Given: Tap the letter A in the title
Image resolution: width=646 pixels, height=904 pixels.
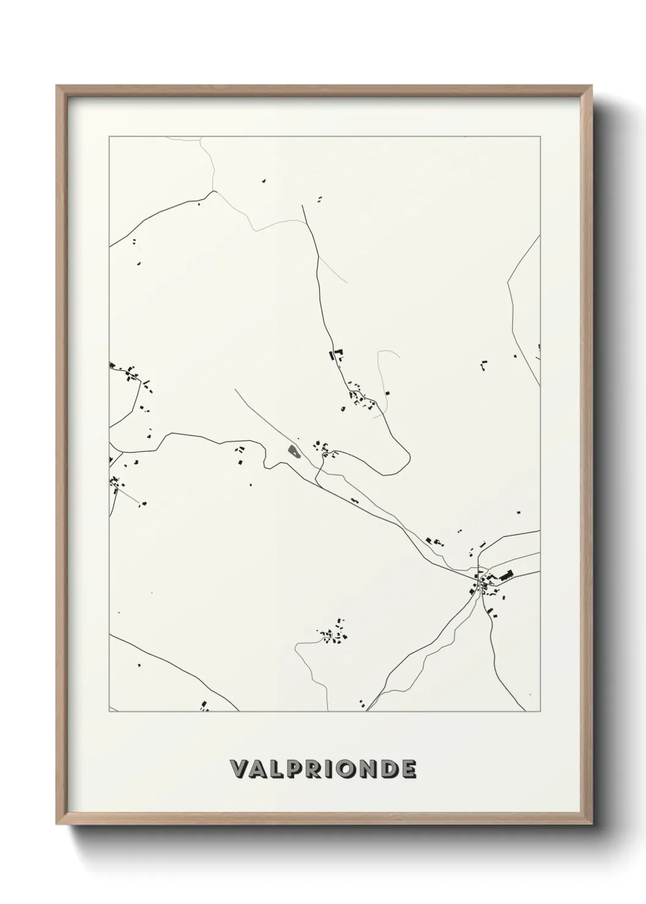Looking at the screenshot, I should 259,769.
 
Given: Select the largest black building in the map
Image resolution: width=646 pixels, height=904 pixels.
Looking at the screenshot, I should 506,575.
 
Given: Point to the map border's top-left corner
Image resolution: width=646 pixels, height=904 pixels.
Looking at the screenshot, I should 109,137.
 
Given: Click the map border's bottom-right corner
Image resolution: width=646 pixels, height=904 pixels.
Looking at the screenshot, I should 540,712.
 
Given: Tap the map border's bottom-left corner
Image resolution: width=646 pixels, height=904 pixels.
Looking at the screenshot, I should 109,712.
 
